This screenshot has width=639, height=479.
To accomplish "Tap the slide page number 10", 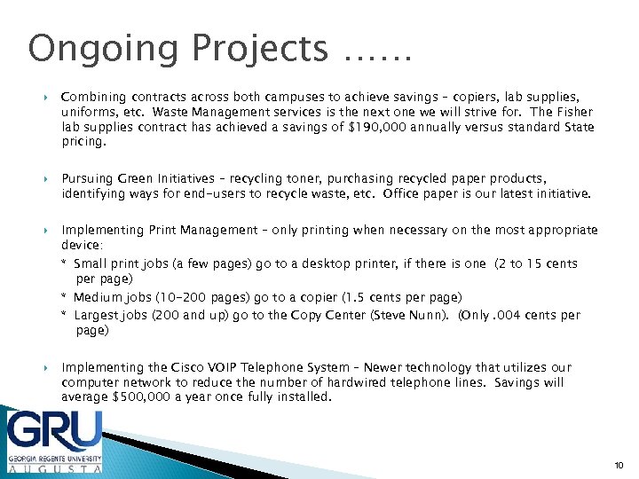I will (x=618, y=464).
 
